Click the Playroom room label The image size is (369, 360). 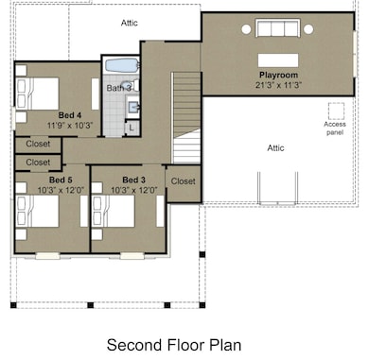(278, 75)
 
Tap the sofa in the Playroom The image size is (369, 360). (278, 28)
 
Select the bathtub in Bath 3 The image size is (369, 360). (122, 65)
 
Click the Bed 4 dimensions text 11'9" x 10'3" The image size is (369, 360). (70, 126)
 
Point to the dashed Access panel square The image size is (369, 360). (336, 111)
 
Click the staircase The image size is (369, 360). (186, 117)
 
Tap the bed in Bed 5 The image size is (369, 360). (38, 211)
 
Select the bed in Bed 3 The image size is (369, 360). (114, 211)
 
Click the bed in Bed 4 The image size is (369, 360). (38, 94)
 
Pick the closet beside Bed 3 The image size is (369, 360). (184, 183)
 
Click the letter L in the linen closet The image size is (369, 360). (132, 128)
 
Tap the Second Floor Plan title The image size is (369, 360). (174, 345)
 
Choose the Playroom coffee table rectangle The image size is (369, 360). (278, 60)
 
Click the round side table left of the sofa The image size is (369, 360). (246, 29)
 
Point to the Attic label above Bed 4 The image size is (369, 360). (130, 23)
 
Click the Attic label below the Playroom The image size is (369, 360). (275, 147)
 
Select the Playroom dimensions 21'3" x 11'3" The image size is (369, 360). (279, 85)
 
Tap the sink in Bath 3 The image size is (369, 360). (133, 108)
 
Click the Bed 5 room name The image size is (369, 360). (61, 180)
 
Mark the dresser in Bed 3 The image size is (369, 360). (160, 211)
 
